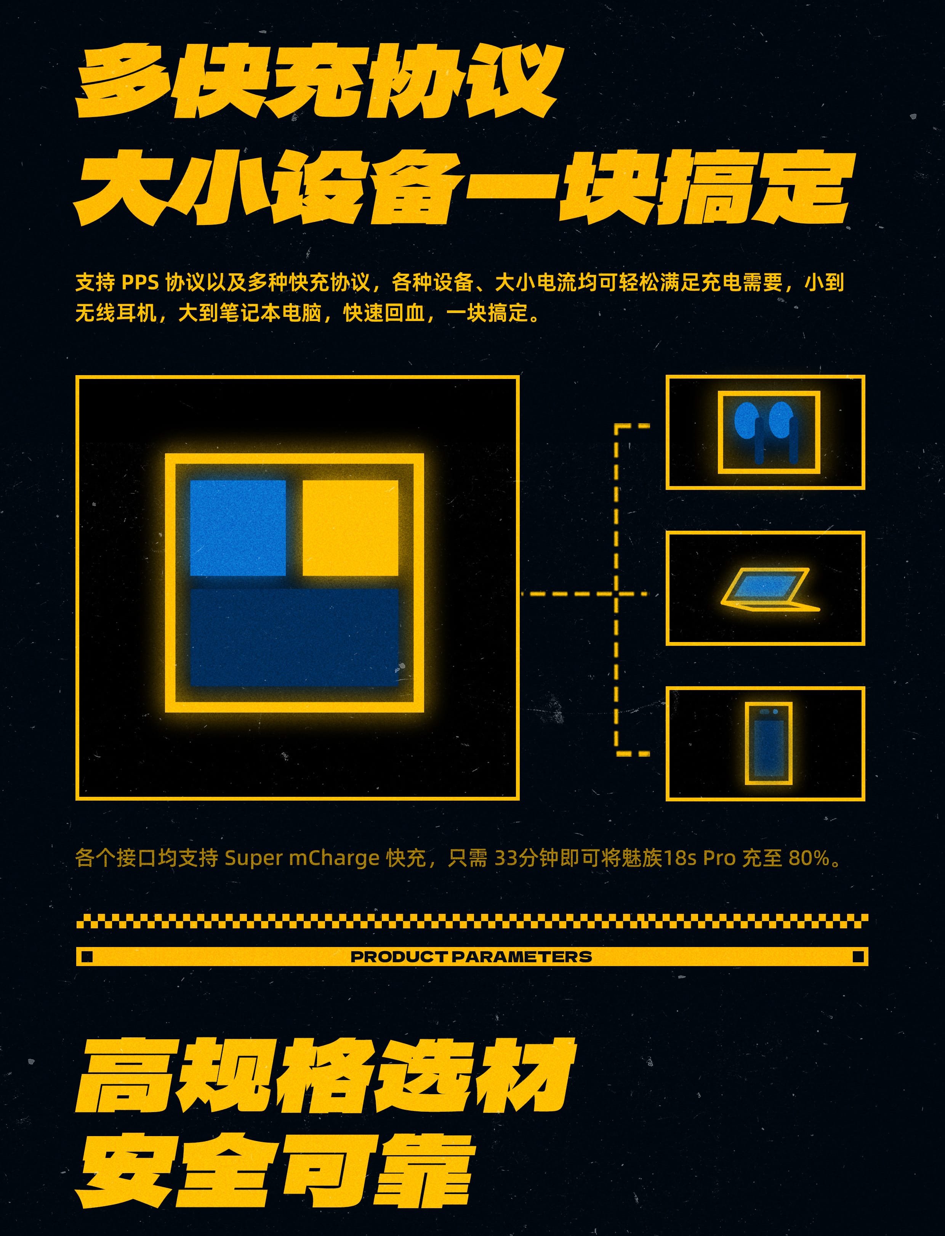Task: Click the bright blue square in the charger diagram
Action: click(238, 527)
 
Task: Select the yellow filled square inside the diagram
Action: click(351, 527)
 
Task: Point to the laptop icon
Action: click(769, 589)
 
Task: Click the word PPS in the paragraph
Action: click(140, 282)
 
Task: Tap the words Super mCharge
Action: click(302, 858)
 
